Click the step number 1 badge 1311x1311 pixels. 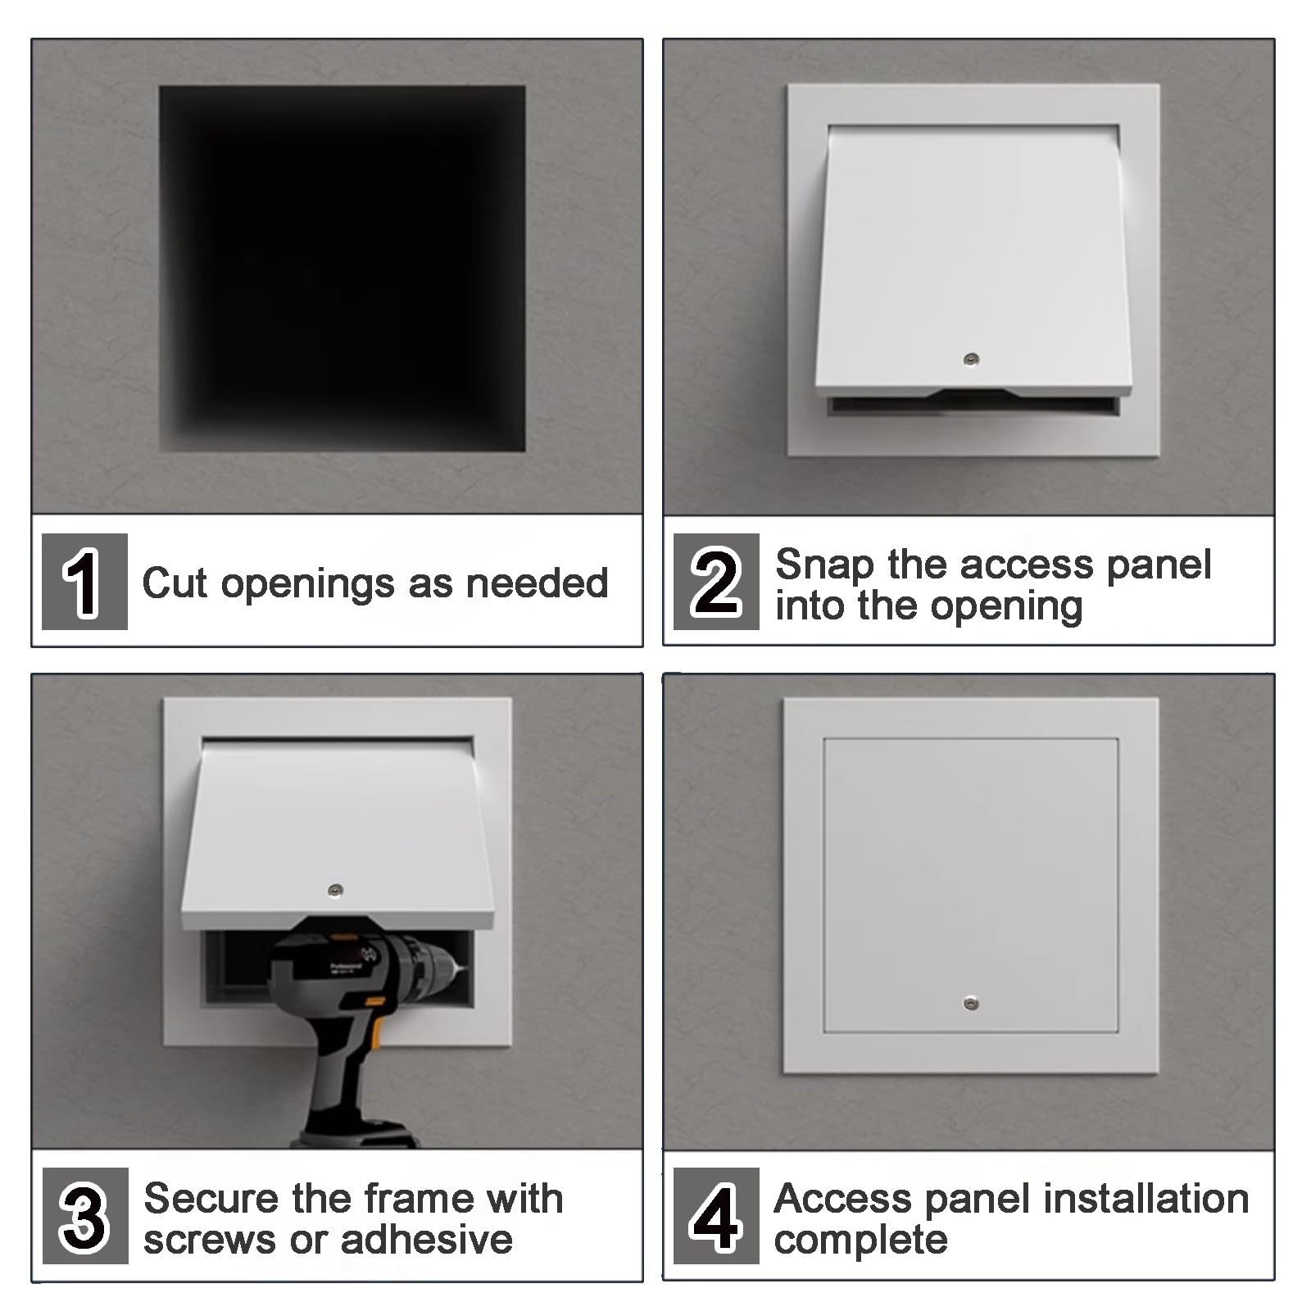click(x=84, y=582)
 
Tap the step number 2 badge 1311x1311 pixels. click(x=716, y=582)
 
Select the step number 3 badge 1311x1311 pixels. click(x=85, y=1216)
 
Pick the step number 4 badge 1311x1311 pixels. click(x=716, y=1216)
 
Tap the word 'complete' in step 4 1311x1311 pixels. click(x=860, y=1241)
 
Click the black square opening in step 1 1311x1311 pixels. click(x=342, y=269)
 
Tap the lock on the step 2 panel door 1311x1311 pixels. click(x=972, y=359)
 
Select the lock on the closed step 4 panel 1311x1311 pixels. click(x=971, y=1003)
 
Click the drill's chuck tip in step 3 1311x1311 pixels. click(x=462, y=969)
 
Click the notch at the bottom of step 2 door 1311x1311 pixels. click(x=974, y=393)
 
